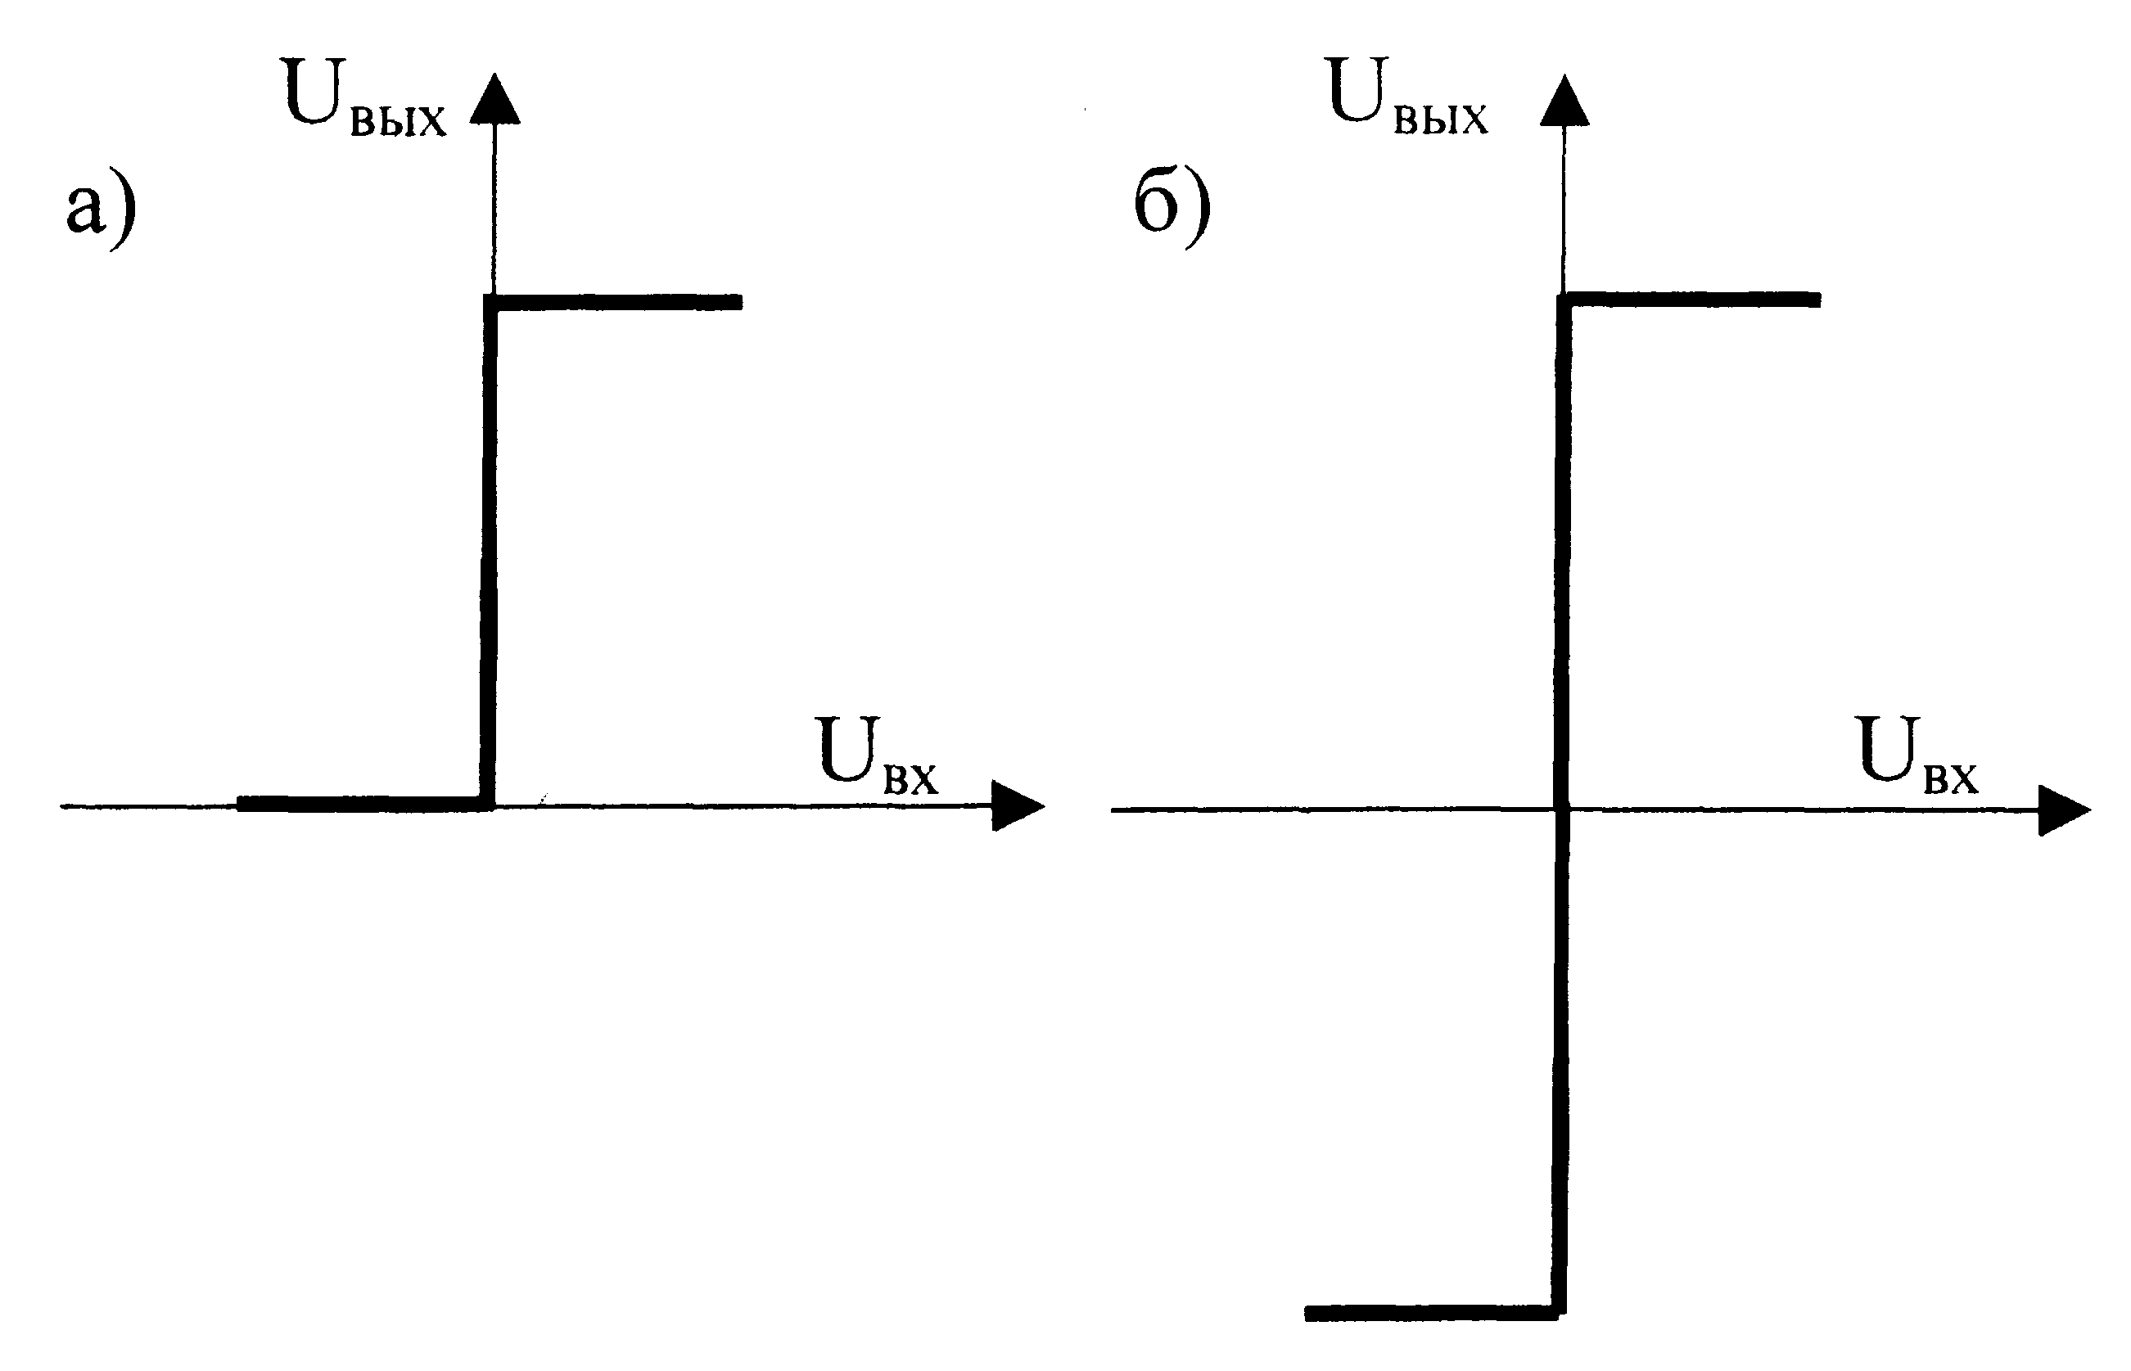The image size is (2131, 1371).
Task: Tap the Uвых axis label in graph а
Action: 365,97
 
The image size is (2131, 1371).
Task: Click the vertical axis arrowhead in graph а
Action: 494,99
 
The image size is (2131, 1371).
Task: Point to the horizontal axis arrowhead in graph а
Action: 1018,805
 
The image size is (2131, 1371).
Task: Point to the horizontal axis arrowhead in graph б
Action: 2064,810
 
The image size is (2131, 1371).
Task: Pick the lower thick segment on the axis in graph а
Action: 365,804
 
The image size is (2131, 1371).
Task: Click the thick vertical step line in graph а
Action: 489,552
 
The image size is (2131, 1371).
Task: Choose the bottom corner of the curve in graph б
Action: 1559,1313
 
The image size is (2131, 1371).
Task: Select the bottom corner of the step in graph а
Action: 487,805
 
